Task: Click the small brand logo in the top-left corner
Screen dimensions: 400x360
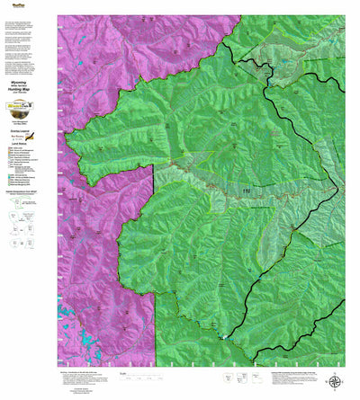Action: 13,4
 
